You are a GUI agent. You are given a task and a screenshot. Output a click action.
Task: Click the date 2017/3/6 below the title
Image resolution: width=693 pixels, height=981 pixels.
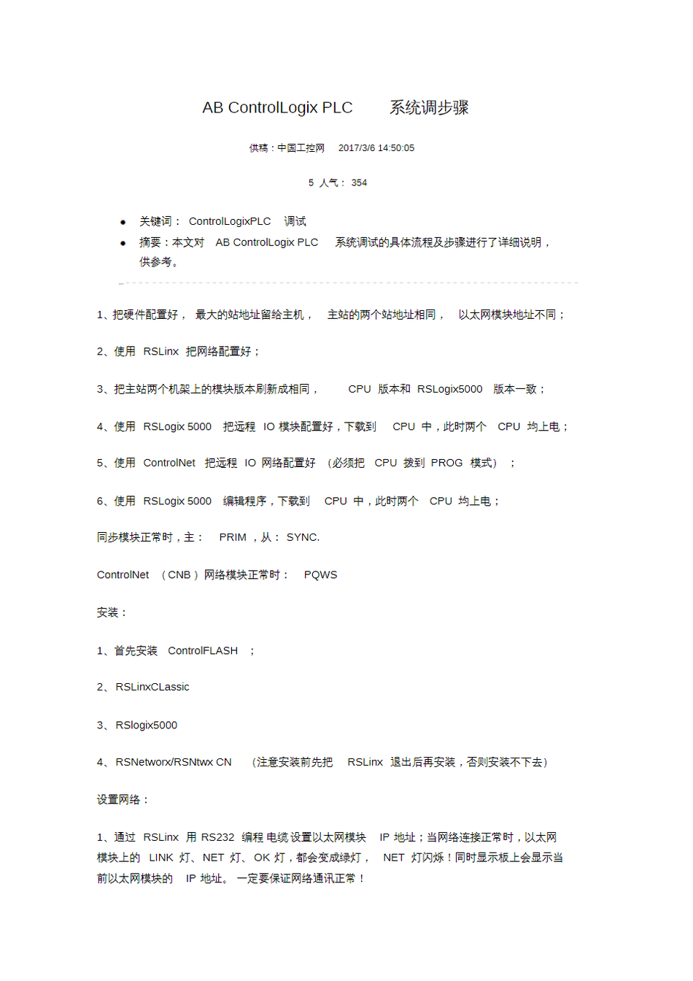pyautogui.click(x=356, y=148)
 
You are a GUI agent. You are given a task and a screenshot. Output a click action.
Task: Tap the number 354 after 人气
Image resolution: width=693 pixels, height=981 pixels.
pyautogui.click(x=359, y=183)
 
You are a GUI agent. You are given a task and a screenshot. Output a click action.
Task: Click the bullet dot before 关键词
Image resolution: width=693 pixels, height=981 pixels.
pyautogui.click(x=123, y=222)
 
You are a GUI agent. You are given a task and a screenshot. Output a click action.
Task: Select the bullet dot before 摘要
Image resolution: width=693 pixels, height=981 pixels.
pyautogui.click(x=123, y=243)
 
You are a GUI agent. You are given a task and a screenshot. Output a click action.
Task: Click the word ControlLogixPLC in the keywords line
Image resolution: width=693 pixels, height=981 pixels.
pyautogui.click(x=229, y=221)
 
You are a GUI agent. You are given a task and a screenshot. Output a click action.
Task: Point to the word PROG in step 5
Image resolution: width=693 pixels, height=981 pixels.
pyautogui.click(x=446, y=463)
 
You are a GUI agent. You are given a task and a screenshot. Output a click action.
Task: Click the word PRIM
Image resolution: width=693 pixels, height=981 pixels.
pyautogui.click(x=233, y=537)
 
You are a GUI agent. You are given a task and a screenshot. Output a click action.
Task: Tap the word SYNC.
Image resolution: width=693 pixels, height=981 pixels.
pyautogui.click(x=303, y=537)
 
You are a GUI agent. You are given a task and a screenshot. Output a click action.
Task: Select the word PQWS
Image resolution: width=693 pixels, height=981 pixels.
pyautogui.click(x=320, y=575)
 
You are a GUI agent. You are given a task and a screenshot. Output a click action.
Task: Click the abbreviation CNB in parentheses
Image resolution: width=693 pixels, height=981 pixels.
pyautogui.click(x=179, y=575)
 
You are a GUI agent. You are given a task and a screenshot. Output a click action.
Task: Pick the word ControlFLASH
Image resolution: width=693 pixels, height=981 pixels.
pyautogui.click(x=203, y=650)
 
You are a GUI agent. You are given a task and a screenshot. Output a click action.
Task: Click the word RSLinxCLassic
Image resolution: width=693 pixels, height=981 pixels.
pyautogui.click(x=152, y=687)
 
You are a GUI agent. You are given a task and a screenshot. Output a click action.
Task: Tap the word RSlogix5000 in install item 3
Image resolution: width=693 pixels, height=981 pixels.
pyautogui.click(x=147, y=725)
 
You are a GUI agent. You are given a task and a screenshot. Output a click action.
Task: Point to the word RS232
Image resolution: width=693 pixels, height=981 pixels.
pyautogui.click(x=217, y=837)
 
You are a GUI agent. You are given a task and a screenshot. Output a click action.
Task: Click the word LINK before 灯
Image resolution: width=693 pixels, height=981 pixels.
pyautogui.click(x=161, y=858)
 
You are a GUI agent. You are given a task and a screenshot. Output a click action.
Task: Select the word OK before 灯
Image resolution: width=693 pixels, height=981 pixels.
pyautogui.click(x=262, y=858)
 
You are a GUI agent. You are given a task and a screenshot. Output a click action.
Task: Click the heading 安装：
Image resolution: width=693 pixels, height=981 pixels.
pyautogui.click(x=112, y=612)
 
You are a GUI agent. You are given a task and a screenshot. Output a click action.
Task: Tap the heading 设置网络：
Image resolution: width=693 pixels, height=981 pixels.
pyautogui.click(x=123, y=799)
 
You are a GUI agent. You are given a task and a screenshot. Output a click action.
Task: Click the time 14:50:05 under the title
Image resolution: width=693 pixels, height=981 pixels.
pyautogui.click(x=395, y=148)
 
